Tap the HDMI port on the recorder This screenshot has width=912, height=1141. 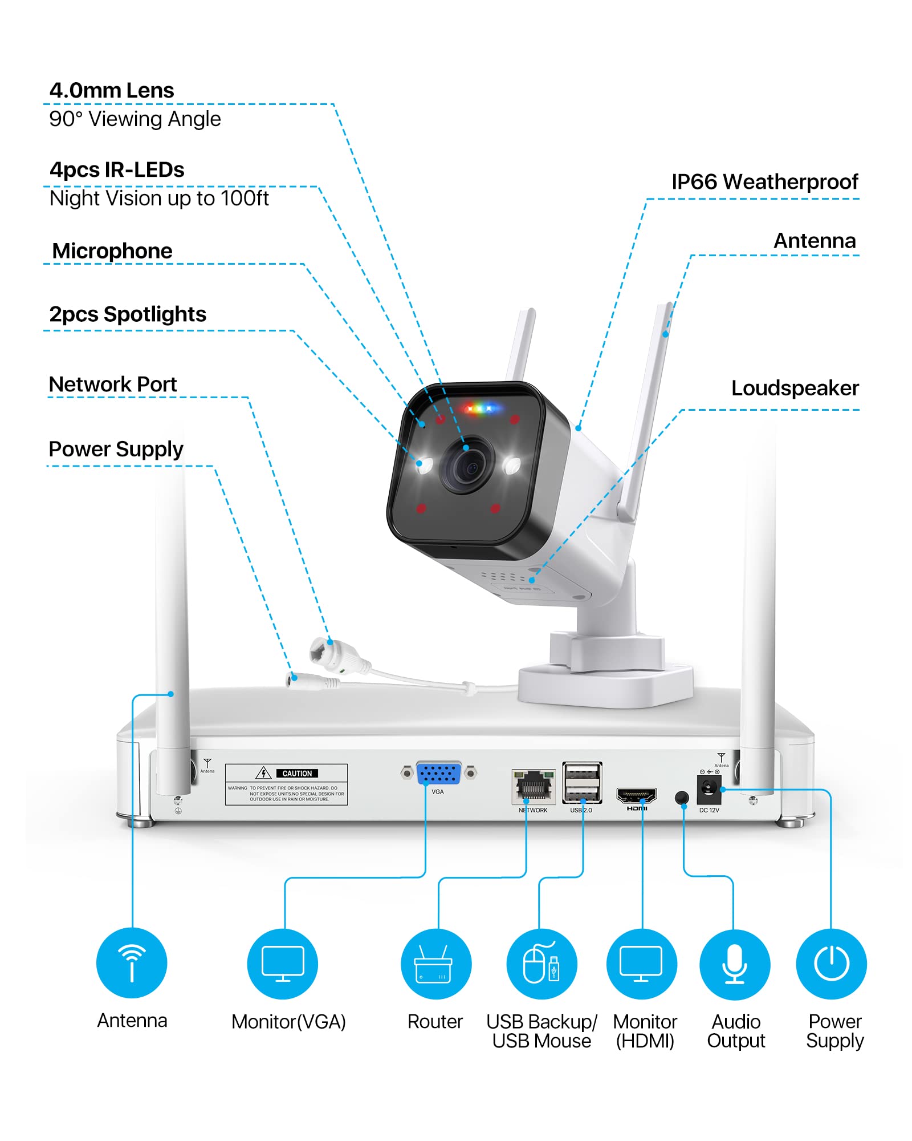tap(636, 795)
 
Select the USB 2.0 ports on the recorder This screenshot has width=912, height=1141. tap(581, 783)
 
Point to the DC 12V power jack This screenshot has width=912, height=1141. tap(709, 789)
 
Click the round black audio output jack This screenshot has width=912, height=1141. tap(681, 797)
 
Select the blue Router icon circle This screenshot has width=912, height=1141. tap(436, 964)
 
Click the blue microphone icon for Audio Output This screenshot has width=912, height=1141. tap(735, 964)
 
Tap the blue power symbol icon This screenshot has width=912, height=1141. tap(831, 964)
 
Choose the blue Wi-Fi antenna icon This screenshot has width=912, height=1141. tap(132, 962)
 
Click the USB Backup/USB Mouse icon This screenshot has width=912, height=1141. tap(541, 964)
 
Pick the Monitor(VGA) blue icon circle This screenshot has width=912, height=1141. tap(283, 964)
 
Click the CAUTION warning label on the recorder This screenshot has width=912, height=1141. tap(286, 784)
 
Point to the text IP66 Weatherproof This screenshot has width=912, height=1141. tap(764, 182)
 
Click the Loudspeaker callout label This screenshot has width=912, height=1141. tap(795, 388)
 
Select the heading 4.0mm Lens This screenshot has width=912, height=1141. tap(112, 90)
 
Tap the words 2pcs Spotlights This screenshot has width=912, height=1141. tap(128, 314)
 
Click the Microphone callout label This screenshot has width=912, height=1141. tap(112, 251)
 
